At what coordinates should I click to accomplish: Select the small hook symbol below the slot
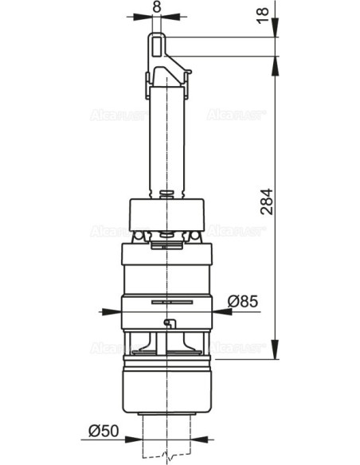tap(167, 322)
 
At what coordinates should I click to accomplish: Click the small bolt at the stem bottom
tap(166, 193)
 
